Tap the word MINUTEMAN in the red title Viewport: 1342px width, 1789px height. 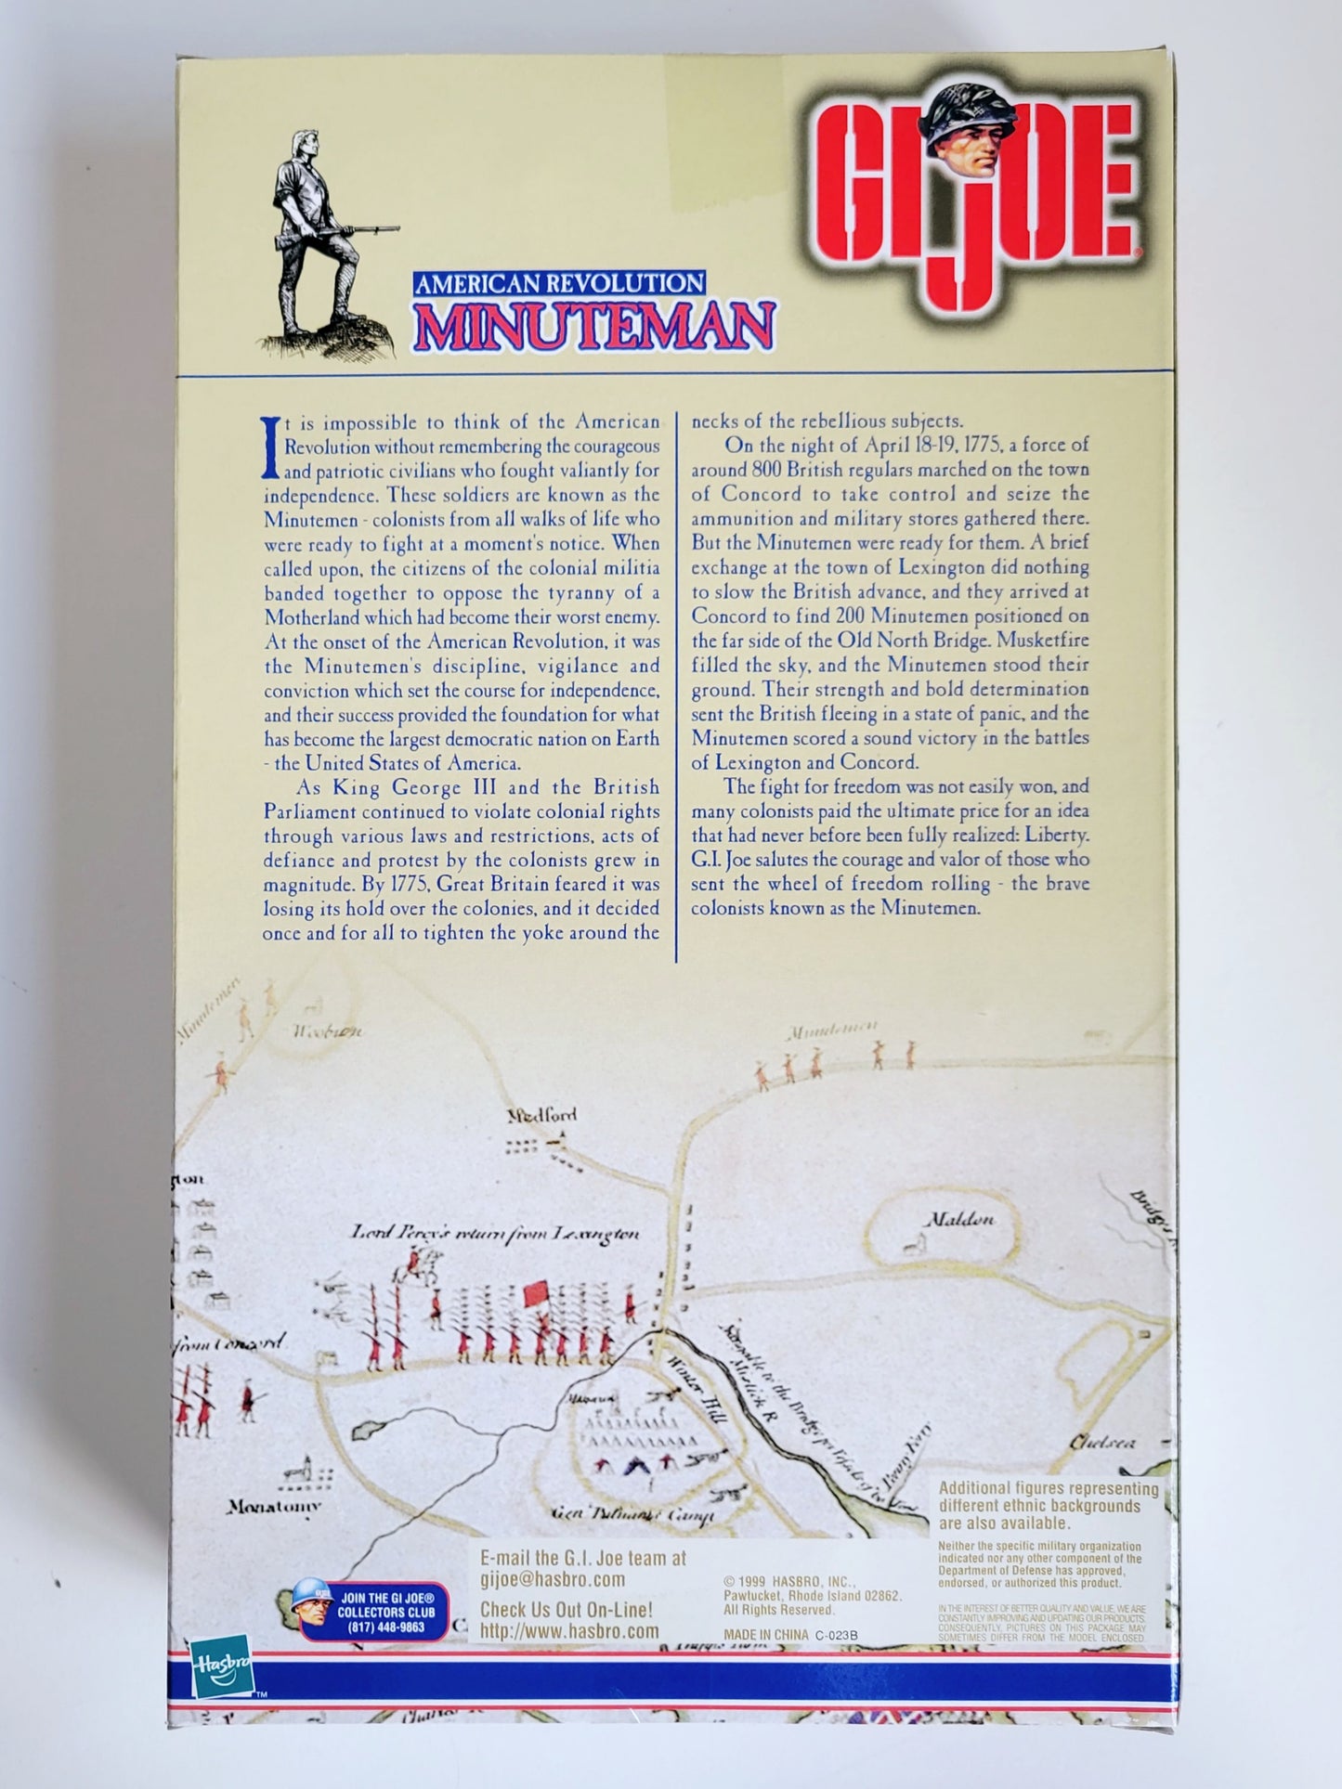[594, 325]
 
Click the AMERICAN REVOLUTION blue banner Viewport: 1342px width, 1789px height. [559, 283]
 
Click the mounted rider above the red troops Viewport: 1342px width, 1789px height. [409, 1264]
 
